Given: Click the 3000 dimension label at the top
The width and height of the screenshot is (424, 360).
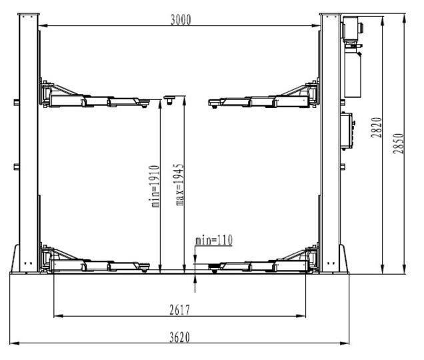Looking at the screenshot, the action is click(181, 19).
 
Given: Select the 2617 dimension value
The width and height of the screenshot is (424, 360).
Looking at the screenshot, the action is click(180, 310).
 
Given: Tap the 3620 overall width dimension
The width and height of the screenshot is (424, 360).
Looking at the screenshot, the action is click(180, 337).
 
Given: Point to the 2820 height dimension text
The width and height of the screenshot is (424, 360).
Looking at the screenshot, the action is click(376, 127).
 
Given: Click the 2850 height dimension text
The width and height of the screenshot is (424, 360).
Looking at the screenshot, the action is click(398, 143).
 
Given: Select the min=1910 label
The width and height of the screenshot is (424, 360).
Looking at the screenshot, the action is click(155, 187).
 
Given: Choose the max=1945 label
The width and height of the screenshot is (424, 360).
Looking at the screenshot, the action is click(179, 185).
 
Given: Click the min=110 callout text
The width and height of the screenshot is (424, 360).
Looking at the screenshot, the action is click(213, 240).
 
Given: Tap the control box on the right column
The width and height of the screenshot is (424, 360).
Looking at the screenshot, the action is click(347, 131).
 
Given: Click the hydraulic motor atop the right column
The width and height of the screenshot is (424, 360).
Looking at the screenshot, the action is click(352, 30).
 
